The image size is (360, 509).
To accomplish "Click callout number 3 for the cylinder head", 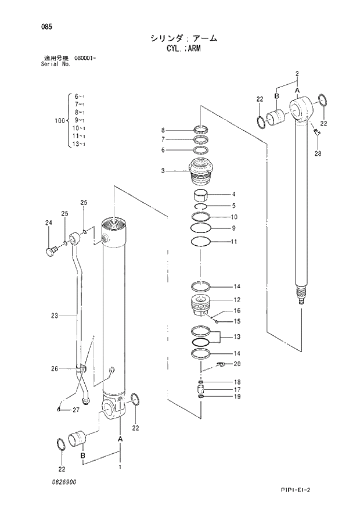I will (163, 171).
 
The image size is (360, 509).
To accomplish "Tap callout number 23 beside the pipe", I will (54, 316).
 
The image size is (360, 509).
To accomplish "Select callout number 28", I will (317, 153).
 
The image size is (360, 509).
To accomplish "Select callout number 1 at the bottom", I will (120, 467).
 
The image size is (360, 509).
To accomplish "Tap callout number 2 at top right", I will (297, 73).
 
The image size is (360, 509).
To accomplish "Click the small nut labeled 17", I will (201, 389).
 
